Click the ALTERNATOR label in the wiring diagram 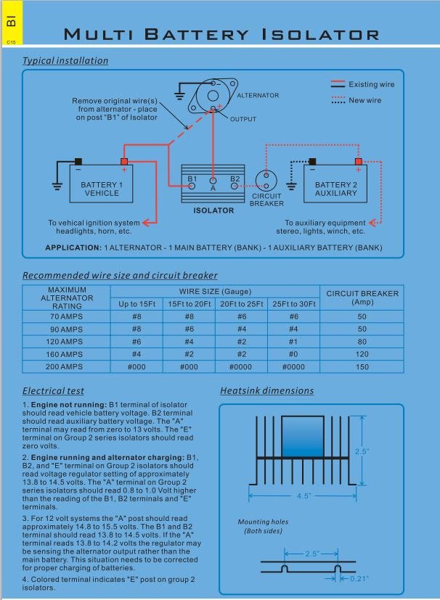click(258, 95)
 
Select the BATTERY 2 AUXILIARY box click(336, 189)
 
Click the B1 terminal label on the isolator click(192, 178)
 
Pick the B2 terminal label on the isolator click(235, 178)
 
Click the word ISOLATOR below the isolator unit click(213, 210)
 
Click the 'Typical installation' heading click(65, 61)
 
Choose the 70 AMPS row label click(67, 316)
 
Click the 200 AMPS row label click(67, 367)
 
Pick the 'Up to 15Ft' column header click(137, 303)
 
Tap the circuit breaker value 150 click(362, 367)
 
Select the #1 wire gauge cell click(294, 342)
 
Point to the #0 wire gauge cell click(294, 355)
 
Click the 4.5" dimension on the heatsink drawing click(303, 496)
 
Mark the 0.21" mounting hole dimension click(357, 578)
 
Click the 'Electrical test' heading click(53, 390)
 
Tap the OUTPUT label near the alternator click(243, 119)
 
